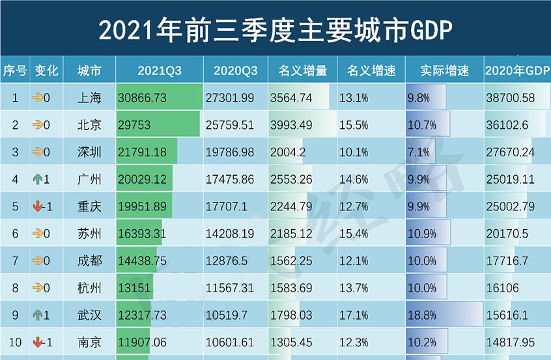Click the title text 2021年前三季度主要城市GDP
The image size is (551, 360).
point(275,29)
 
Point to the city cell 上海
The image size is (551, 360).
point(89,99)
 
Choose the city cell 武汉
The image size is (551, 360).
point(89,315)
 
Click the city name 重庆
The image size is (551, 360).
point(89,207)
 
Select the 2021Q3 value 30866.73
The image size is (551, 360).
point(143,99)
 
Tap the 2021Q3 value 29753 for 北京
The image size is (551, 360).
point(135,126)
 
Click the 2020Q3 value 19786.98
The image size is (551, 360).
point(230,153)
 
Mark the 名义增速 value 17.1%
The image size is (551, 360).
point(354,315)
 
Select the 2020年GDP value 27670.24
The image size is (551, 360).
point(510,153)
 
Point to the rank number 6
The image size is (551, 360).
point(14,234)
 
